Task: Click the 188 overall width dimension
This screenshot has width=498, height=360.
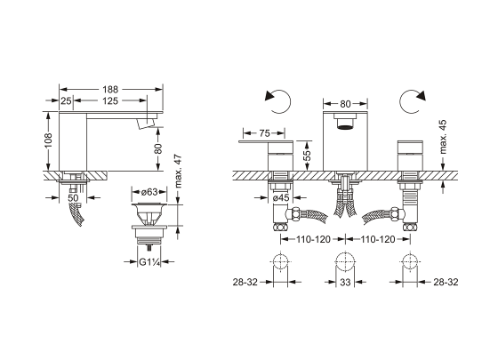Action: coord(110,90)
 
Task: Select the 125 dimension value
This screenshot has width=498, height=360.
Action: coord(110,101)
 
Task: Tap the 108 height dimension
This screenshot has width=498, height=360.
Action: coord(48,140)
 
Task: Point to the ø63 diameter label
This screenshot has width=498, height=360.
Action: coord(149,192)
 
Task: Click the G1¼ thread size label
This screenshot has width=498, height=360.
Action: coord(149,262)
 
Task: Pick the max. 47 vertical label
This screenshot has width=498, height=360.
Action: coord(178,171)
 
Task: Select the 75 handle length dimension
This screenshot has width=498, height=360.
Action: coord(264,133)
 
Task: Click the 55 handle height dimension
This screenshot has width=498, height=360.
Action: coord(307,156)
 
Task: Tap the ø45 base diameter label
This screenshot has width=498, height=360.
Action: coord(281,198)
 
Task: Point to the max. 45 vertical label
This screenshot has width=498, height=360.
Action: coord(444,137)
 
